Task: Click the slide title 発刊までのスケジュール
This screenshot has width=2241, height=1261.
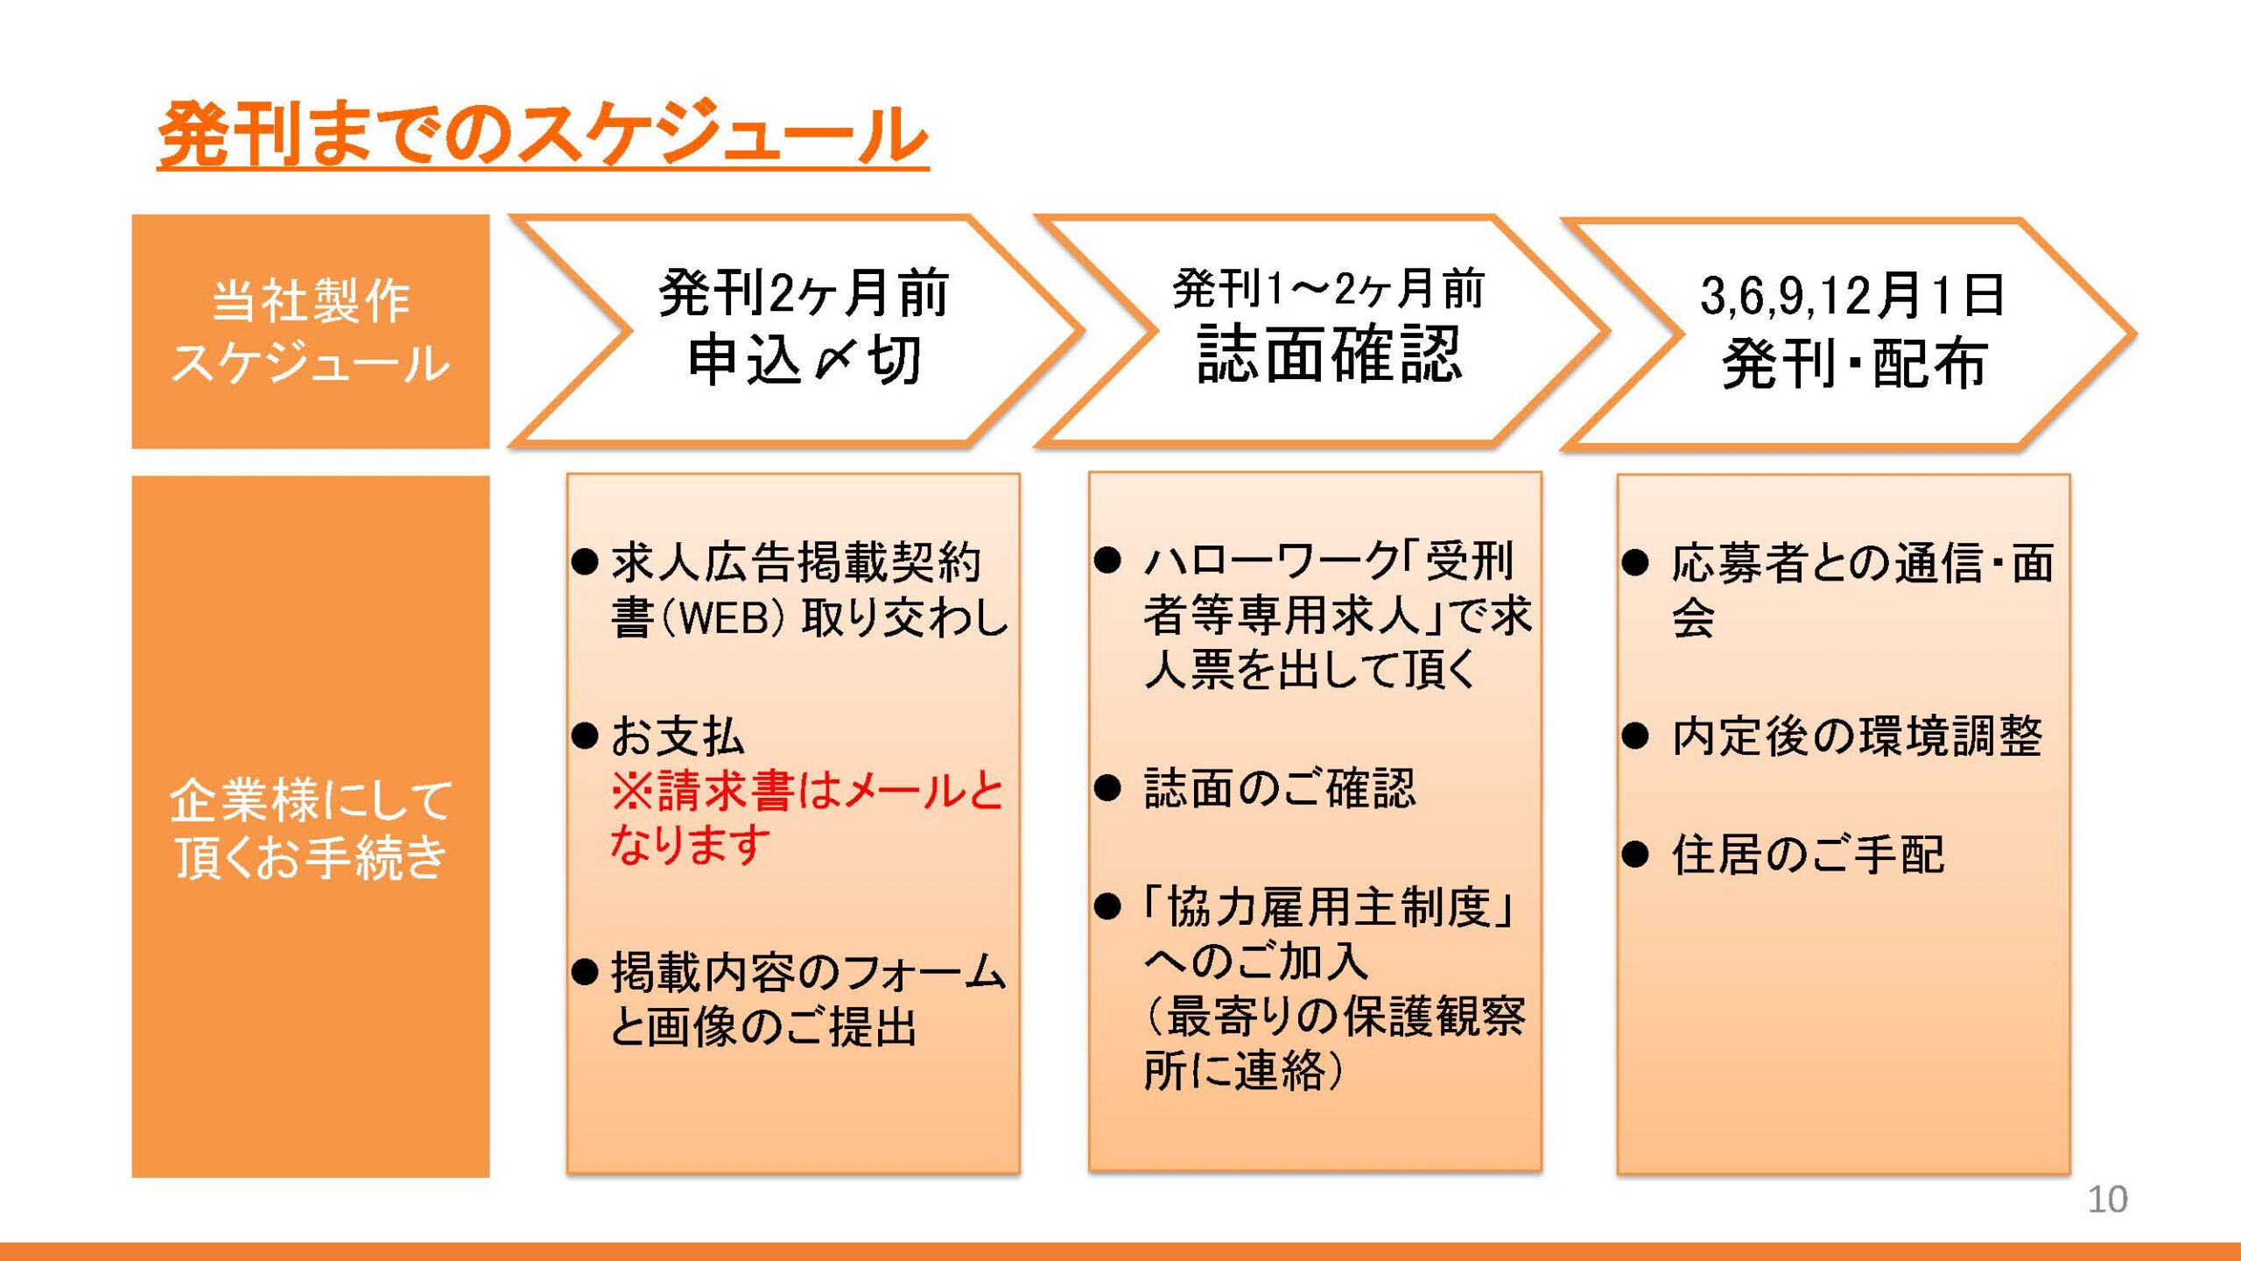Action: pos(543,134)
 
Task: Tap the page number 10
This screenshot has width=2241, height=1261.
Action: pos(2107,1200)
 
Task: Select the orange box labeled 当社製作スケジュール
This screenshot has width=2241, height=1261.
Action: pos(311,332)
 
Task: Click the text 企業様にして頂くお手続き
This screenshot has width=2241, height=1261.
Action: pos(311,828)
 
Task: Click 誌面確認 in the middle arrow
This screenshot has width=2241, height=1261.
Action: pos(1330,354)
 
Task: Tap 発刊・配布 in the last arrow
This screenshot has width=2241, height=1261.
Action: pos(1854,363)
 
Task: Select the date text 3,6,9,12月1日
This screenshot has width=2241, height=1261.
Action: pos(1852,294)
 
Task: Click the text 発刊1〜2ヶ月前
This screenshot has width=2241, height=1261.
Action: pos(1329,289)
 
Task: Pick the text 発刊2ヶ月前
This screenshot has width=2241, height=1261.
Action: pos(804,292)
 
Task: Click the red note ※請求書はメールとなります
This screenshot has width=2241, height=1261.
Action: pos(806,818)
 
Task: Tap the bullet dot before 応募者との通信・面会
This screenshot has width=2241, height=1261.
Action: pos(1634,562)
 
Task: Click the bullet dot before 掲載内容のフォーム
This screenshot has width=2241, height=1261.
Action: pos(584,971)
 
